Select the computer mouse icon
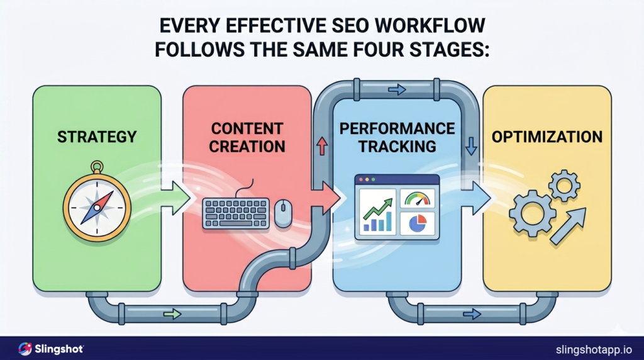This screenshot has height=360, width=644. [283, 213]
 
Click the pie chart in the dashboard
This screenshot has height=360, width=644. [417, 223]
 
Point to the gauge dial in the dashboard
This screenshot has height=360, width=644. [417, 200]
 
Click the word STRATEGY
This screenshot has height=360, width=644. [97, 136]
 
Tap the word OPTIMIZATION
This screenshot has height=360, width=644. [547, 136]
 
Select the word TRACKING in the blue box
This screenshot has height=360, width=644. [397, 146]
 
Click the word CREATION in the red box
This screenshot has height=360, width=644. [247, 146]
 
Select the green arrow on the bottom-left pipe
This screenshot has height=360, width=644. [172, 313]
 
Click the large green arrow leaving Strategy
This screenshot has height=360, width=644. [179, 201]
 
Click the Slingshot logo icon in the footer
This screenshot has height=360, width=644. [25, 348]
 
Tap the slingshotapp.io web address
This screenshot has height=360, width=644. [594, 349]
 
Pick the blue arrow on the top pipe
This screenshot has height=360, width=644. [397, 90]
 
